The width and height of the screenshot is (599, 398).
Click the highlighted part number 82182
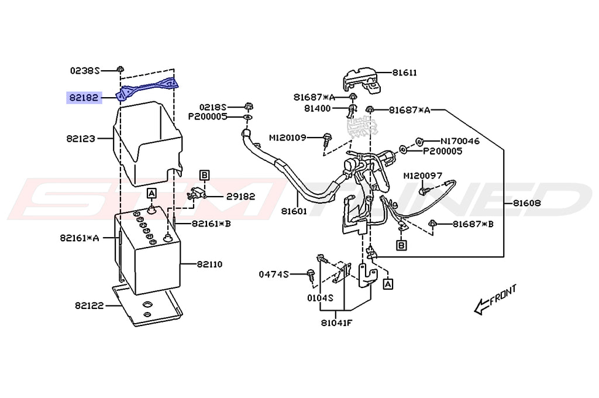(84, 98)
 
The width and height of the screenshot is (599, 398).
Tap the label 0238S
(84, 71)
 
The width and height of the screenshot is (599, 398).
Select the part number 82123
(81, 138)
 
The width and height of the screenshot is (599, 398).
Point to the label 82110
(210, 264)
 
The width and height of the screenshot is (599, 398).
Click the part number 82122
(89, 306)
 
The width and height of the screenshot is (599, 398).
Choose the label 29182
(240, 197)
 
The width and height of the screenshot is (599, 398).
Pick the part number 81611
(405, 73)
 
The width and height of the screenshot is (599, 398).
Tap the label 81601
(294, 211)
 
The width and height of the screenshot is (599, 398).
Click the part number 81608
(527, 203)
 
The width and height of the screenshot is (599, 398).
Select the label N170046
(460, 141)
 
